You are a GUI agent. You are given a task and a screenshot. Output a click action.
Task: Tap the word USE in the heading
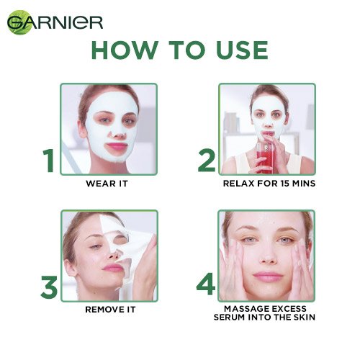tap(235, 50)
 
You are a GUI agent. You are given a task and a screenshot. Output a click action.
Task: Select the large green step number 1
tap(48, 160)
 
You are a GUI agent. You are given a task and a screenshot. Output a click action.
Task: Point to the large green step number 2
tap(207, 160)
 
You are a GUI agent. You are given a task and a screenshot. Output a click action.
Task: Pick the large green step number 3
tap(48, 286)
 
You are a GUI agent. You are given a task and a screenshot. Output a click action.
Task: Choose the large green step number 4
tap(207, 286)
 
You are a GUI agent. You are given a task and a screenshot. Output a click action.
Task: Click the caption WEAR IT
tap(107, 183)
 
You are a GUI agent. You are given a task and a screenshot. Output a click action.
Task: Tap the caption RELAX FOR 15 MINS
tap(267, 183)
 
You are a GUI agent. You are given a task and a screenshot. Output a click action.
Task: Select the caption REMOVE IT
tap(108, 309)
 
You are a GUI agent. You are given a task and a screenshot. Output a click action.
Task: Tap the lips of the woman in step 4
tap(268, 276)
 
